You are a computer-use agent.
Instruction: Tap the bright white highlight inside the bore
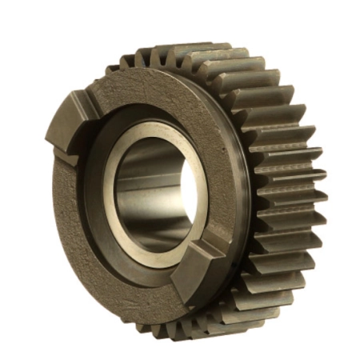tap(186, 192)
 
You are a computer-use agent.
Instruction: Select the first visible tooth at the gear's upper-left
tap(112, 68)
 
